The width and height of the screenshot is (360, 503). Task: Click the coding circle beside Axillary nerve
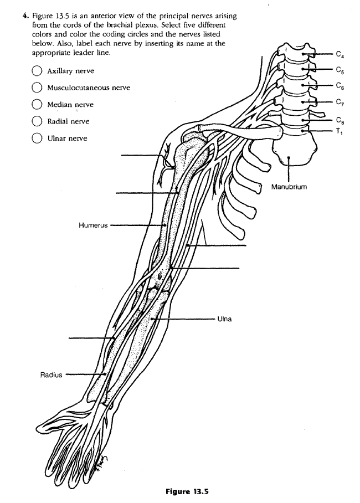[37, 71]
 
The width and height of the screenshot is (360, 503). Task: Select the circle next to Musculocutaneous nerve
[37, 88]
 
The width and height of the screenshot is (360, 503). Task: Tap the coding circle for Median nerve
[37, 104]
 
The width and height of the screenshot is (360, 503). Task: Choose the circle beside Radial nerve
[37, 121]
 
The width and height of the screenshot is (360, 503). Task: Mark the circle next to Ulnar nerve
[37, 138]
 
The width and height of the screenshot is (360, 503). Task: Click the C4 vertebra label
[340, 54]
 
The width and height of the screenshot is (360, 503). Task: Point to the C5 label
[340, 70]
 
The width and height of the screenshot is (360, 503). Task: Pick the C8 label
[340, 120]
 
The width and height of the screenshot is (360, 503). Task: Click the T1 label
[338, 131]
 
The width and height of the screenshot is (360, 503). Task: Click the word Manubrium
[289, 187]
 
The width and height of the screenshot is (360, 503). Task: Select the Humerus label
[93, 225]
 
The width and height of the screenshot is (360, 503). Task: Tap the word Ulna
[225, 319]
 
